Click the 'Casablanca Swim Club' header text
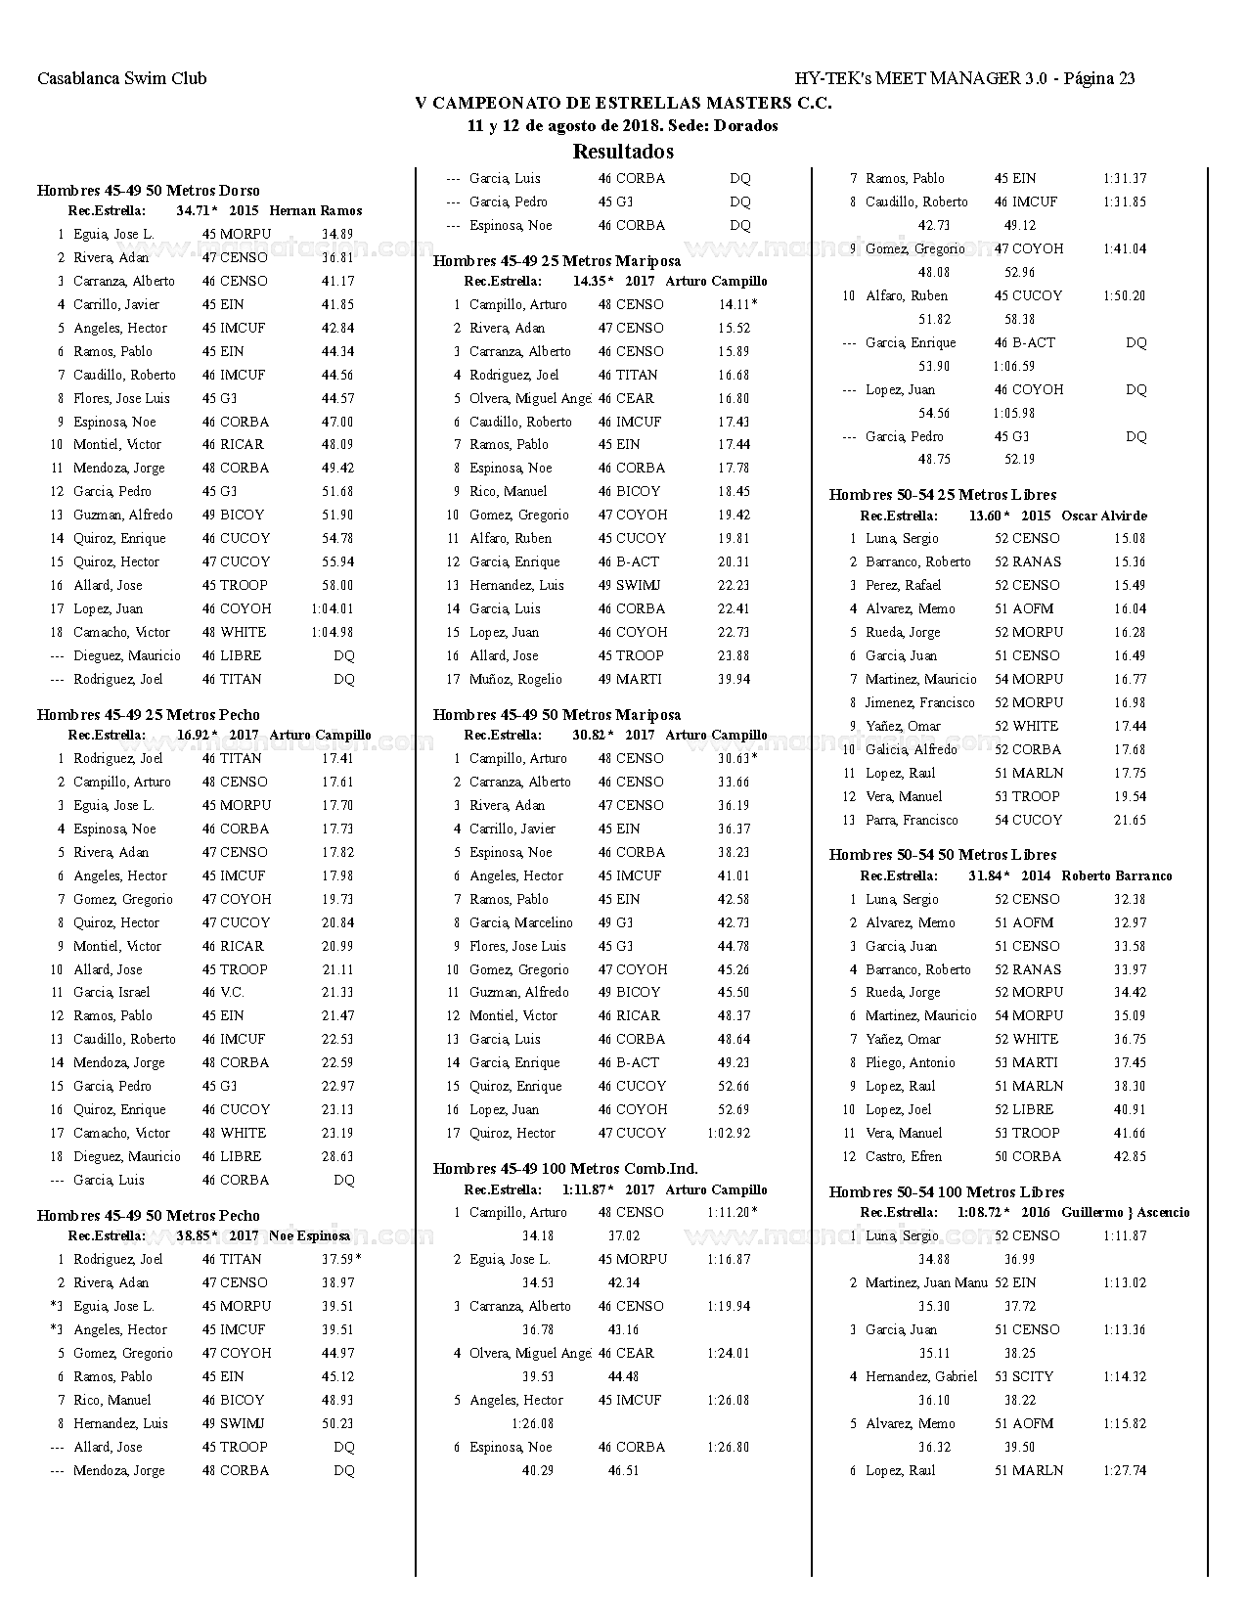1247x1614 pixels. point(122,79)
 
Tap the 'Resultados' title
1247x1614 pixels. point(623,152)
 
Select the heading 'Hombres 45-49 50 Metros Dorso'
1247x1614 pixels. point(149,191)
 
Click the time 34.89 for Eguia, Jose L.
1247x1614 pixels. point(337,235)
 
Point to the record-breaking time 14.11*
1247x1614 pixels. point(737,305)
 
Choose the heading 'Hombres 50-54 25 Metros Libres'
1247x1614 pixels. point(943,495)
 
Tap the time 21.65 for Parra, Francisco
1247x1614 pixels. point(1130,821)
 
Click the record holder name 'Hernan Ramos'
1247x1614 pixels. point(316,211)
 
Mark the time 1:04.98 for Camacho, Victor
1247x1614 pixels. point(333,633)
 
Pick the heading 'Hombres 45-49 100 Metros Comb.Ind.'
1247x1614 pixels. point(565,1169)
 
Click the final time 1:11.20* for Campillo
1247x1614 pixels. point(733,1213)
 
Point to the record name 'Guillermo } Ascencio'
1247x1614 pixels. point(1126,1213)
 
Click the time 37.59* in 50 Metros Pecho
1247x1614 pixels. point(341,1260)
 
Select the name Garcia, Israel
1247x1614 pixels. point(111,993)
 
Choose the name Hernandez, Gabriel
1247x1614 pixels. point(921,1377)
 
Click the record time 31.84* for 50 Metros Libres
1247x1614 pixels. point(990,876)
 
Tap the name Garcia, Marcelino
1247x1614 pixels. point(521,923)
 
